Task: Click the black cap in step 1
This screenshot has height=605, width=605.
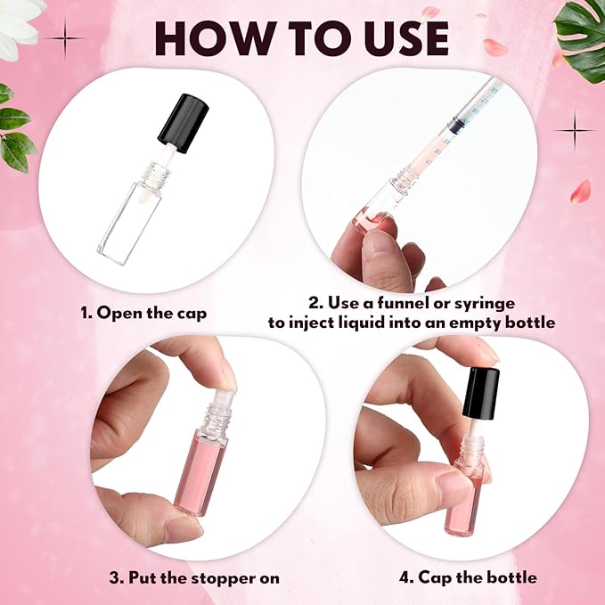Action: pos(184,121)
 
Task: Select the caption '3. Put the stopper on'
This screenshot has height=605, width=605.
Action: pos(194,577)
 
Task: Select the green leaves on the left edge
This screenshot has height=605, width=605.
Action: pos(13,134)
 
